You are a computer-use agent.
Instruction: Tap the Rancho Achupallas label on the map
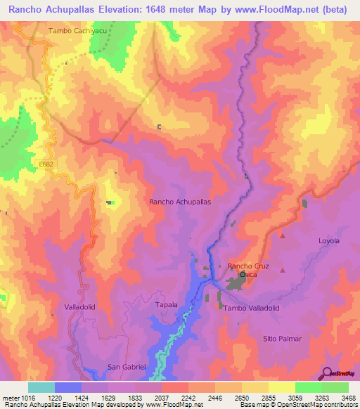point(180,201)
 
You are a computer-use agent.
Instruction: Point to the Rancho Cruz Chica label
point(250,271)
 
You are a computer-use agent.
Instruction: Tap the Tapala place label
point(167,305)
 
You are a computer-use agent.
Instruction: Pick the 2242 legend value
point(174,397)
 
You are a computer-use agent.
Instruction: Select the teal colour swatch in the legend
point(41,387)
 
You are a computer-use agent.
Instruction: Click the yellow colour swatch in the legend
point(281,387)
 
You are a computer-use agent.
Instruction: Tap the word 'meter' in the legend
point(11,397)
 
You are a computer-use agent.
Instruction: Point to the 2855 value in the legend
point(259,397)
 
